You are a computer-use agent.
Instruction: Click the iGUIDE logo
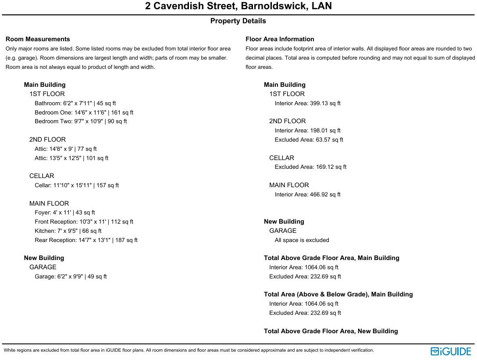(451, 351)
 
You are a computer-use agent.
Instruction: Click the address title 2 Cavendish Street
(238, 6)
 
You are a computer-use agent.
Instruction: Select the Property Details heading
(238, 21)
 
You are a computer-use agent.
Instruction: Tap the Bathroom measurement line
(75, 103)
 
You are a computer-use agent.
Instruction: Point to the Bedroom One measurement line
(84, 113)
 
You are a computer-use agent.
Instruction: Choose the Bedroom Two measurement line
(81, 121)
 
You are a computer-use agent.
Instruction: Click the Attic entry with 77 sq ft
(65, 149)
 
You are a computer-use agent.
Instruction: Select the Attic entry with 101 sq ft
(71, 158)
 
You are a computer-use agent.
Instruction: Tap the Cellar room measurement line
(77, 185)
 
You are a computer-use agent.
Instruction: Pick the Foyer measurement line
(65, 213)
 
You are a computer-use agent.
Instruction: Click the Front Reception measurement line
(84, 222)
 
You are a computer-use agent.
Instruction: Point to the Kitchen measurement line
(68, 231)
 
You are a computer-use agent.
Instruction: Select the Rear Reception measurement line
(86, 240)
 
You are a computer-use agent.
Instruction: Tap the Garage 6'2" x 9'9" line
(71, 277)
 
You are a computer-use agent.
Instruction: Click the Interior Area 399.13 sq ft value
(307, 103)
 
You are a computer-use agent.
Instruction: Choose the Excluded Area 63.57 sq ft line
(309, 140)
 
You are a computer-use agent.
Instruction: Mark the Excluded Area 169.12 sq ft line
(310, 167)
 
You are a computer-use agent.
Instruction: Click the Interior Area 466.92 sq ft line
(307, 195)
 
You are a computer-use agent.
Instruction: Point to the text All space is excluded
(302, 240)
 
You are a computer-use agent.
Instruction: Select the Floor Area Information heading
(280, 39)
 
